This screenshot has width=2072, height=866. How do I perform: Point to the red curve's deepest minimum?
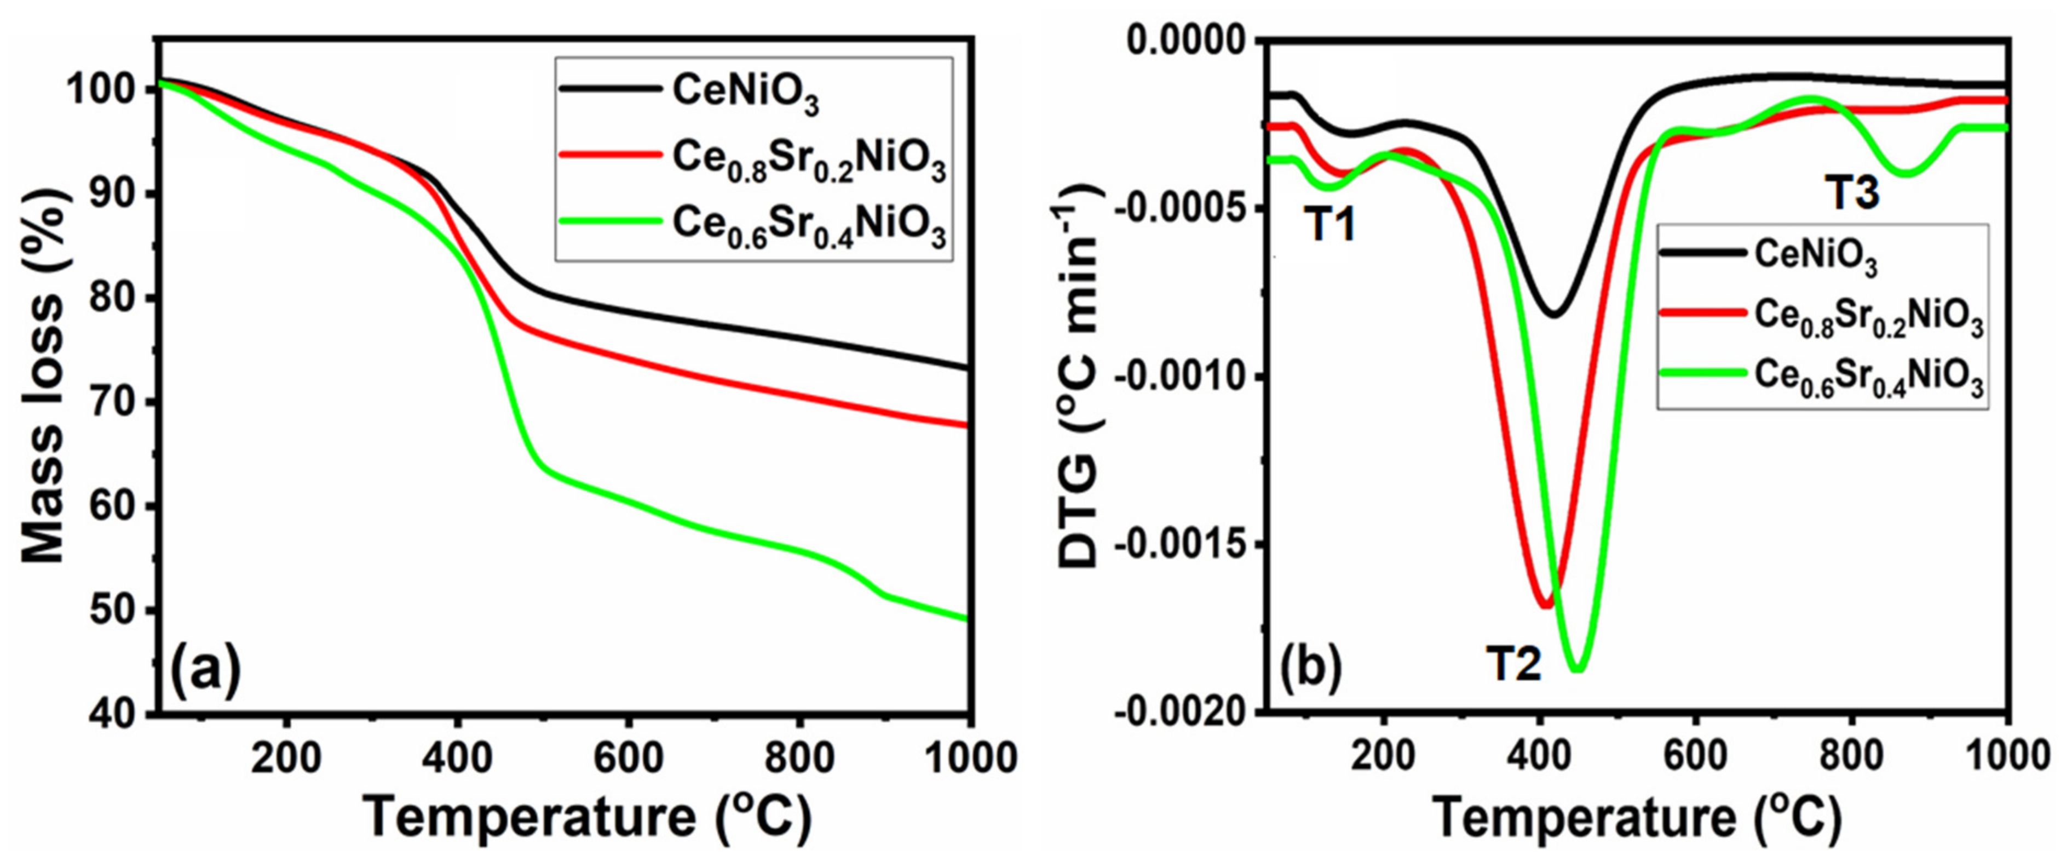pos(1545,605)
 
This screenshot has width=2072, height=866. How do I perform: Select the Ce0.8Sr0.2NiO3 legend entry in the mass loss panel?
pos(808,161)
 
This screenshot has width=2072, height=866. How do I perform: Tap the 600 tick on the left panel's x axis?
pos(628,757)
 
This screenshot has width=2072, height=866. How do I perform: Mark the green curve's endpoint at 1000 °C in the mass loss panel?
pos(968,618)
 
